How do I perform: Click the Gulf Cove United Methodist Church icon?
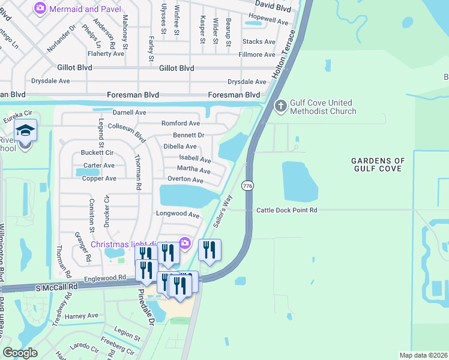pos(280,106)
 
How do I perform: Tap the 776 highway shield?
pos(247,187)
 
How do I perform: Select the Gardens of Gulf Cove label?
pos(378,165)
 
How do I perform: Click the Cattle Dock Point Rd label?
pos(286,210)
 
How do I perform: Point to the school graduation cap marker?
pos(26,130)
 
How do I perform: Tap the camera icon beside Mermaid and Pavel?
pos(40,8)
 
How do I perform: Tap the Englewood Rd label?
pos(106,278)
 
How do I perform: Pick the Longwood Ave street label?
pos(177,214)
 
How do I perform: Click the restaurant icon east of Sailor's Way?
pos(209,250)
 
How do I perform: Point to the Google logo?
pos(20,352)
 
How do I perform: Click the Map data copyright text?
pos(423,355)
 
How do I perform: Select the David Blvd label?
pos(273,10)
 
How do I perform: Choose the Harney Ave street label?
pos(82,316)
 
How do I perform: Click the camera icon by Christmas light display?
pos(185,242)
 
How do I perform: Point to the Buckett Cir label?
pos(97,152)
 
